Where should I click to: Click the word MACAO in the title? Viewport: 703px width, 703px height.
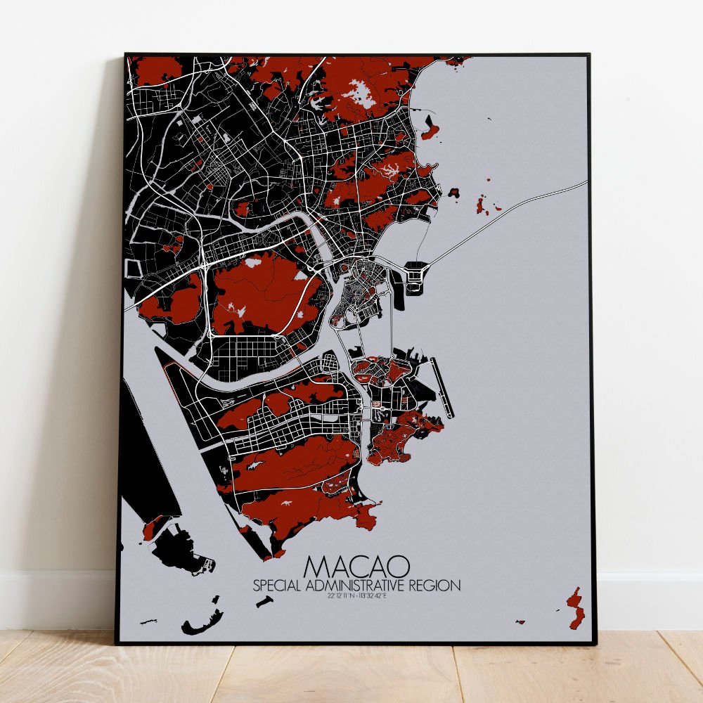click(x=358, y=567)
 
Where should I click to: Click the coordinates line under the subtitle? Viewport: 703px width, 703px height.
click(x=358, y=597)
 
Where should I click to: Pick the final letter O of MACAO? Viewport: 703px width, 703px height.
click(x=399, y=567)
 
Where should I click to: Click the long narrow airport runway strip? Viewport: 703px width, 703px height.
click(x=443, y=387)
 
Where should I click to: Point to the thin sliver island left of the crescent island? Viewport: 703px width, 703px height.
click(x=148, y=621)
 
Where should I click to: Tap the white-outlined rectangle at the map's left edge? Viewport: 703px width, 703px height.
click(x=131, y=268)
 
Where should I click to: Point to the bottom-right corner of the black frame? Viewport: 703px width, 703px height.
click(x=594, y=643)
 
